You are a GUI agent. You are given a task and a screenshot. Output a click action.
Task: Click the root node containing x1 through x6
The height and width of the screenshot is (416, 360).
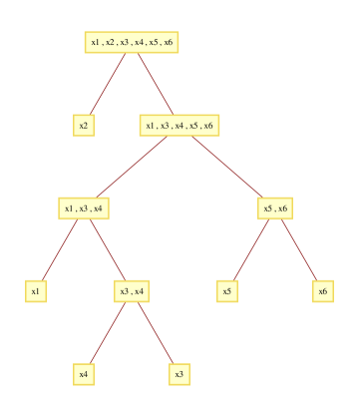click(131, 42)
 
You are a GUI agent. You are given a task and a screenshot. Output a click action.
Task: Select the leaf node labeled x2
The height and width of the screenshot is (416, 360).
click(84, 125)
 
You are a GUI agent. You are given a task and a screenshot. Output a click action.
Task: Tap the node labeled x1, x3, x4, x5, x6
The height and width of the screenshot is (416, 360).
click(179, 125)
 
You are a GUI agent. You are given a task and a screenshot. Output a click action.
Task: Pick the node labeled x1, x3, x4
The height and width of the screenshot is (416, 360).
click(84, 208)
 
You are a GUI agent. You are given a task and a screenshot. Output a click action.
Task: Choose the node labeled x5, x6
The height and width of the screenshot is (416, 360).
click(274, 208)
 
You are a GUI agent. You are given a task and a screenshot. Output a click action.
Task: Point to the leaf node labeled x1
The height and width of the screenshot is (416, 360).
click(36, 291)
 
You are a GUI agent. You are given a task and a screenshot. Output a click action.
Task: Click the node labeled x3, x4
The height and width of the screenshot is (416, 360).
click(132, 291)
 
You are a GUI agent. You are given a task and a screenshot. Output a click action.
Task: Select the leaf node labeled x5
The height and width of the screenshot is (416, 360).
click(227, 291)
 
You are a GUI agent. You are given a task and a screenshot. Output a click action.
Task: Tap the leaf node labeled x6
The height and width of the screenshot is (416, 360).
click(322, 291)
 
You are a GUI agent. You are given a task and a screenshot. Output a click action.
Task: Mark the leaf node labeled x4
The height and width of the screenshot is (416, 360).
click(84, 374)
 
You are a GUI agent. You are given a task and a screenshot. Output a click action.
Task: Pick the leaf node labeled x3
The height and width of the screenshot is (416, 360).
click(180, 374)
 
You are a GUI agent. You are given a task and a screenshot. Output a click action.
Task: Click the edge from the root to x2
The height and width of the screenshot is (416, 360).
click(108, 84)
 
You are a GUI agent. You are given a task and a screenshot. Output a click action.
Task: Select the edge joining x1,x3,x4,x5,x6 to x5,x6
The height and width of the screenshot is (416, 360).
click(227, 167)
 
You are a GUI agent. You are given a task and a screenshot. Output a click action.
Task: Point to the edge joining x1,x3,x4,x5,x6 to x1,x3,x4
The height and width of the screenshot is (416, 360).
click(131, 167)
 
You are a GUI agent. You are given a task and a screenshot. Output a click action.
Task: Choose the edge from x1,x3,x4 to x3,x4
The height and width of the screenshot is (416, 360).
click(108, 249)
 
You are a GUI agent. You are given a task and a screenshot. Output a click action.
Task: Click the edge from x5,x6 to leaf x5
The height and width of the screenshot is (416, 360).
click(250, 249)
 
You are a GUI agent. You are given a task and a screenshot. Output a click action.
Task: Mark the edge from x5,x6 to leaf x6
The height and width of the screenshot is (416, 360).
click(298, 249)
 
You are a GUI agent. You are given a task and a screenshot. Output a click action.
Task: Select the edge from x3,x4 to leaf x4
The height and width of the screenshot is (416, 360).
click(108, 332)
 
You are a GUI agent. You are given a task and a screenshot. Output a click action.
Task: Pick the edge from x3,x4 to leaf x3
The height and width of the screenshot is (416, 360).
click(156, 332)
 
